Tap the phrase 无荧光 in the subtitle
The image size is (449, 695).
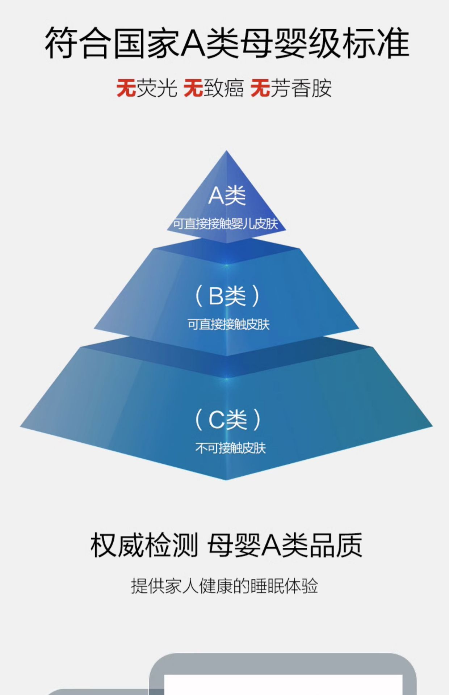point(147,88)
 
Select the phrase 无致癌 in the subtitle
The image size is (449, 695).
point(214,88)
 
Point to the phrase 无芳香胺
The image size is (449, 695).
point(291,88)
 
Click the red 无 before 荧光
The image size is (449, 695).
point(126,88)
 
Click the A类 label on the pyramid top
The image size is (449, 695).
point(227,196)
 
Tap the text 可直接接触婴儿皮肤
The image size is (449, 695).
point(226,224)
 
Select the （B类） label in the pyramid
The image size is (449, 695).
point(227,296)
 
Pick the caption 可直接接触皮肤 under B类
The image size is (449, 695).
point(228,324)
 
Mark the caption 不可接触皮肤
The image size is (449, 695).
point(231,448)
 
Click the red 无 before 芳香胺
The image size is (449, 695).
point(260,88)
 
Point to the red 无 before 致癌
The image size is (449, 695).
point(193,88)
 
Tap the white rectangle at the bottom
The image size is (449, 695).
point(283,685)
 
